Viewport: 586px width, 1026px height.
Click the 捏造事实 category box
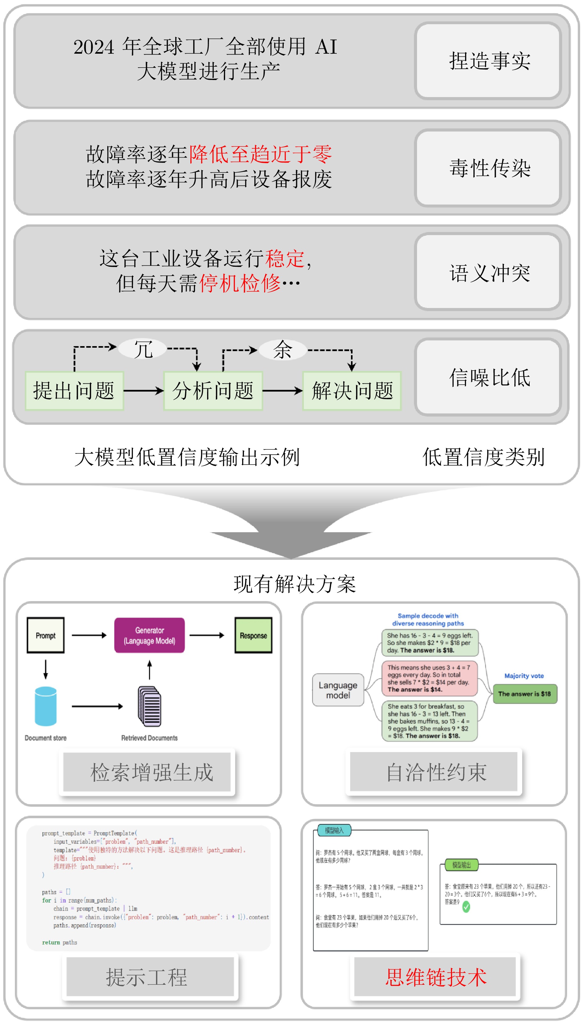click(x=488, y=61)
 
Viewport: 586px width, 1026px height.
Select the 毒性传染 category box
click(x=488, y=167)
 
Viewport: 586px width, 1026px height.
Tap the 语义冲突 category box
click(x=488, y=273)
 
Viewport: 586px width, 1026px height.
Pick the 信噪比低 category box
click(x=488, y=377)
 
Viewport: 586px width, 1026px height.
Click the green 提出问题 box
click(x=74, y=390)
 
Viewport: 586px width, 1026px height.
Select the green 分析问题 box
click(x=213, y=390)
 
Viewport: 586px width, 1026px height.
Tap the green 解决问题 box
click(x=352, y=390)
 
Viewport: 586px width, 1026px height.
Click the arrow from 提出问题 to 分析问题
click(x=143, y=390)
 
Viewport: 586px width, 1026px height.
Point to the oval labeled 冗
click(x=143, y=349)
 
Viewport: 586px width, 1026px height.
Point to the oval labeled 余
click(x=282, y=349)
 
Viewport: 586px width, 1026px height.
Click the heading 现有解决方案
click(x=295, y=584)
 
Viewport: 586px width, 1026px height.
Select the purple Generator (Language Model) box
click(x=149, y=635)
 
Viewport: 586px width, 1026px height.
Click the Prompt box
click(x=46, y=635)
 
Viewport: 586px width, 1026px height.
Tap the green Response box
click(x=253, y=635)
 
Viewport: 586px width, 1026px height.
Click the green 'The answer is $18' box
click(x=524, y=694)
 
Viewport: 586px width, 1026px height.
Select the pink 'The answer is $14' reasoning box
click(x=429, y=678)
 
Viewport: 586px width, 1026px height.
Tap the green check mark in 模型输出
click(x=466, y=907)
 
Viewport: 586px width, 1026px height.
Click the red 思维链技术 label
click(x=436, y=977)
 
